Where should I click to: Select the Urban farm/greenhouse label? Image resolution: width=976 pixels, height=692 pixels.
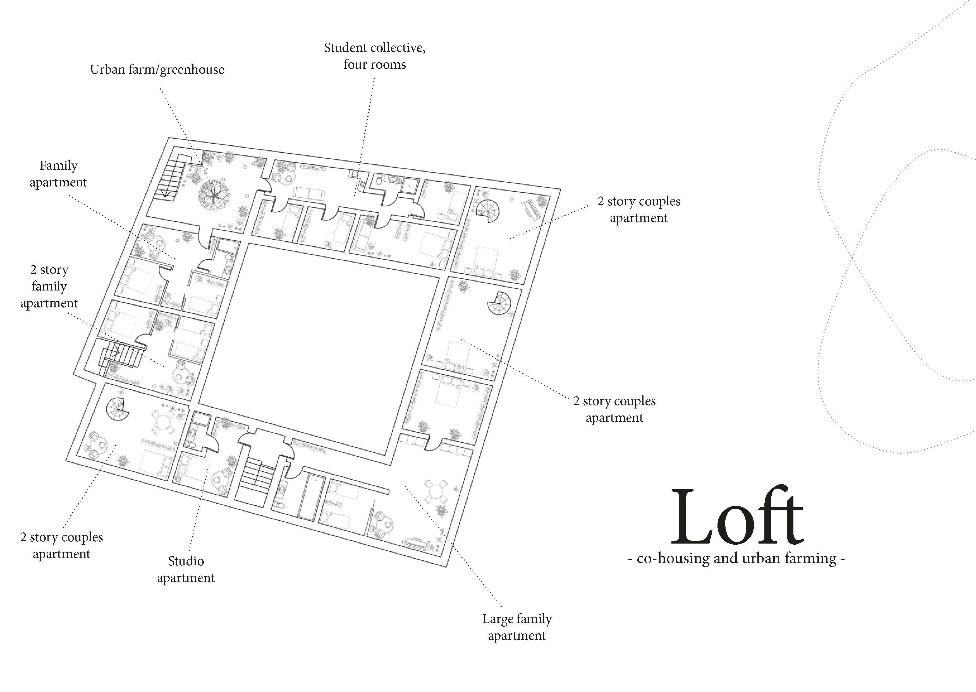tap(157, 69)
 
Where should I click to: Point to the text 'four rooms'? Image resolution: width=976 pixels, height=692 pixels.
tap(375, 65)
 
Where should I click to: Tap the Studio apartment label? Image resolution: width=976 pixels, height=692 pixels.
tap(186, 569)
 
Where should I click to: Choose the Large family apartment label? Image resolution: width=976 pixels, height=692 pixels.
tap(517, 627)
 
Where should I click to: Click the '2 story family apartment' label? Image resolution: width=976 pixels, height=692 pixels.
tap(49, 286)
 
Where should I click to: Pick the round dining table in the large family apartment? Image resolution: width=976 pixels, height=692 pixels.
tap(435, 491)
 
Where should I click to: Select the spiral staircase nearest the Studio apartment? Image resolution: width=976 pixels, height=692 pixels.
tap(117, 409)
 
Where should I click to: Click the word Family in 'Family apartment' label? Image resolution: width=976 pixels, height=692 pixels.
tap(59, 165)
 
